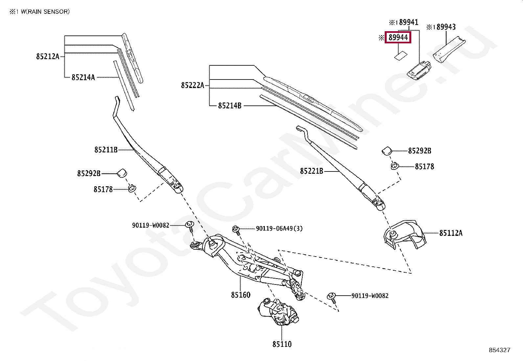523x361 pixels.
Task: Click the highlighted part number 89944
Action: coord(398,37)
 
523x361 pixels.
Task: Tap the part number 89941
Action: coord(406,22)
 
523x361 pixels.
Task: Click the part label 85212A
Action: coord(48,56)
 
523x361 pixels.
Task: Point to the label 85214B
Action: coord(230,106)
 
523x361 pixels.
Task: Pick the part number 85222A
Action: coord(193,85)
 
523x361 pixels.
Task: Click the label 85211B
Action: coord(106,150)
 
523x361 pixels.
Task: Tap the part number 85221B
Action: coord(311,171)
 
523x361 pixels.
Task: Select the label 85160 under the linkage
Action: coord(240,295)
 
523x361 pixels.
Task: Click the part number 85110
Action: coord(282,344)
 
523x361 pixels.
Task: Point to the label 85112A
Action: coord(451,233)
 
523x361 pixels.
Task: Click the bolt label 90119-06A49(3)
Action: coord(279,228)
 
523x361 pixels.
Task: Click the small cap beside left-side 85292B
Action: coord(122,172)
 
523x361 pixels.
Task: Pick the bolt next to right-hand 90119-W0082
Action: coord(332,297)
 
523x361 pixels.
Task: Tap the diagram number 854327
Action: coord(499,350)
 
